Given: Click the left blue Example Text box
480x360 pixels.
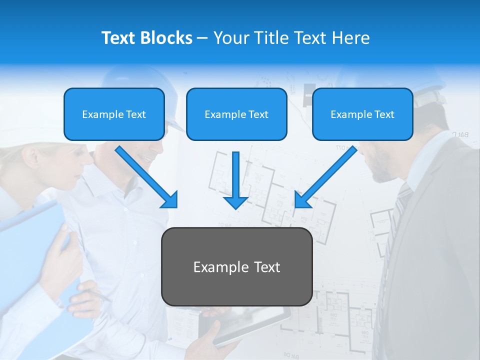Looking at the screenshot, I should click(x=114, y=114).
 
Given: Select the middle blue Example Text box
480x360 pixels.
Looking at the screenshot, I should click(x=236, y=114).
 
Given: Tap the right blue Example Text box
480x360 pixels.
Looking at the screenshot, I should click(x=362, y=114).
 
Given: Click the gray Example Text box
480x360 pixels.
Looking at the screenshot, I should click(x=236, y=266).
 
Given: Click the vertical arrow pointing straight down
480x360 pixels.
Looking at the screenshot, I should click(x=236, y=180).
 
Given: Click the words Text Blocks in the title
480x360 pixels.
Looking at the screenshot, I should click(x=146, y=38).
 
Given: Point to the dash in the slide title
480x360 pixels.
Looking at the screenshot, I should click(x=202, y=38).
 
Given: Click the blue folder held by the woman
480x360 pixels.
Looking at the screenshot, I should click(x=30, y=235).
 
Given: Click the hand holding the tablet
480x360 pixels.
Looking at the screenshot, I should click(x=210, y=340).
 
